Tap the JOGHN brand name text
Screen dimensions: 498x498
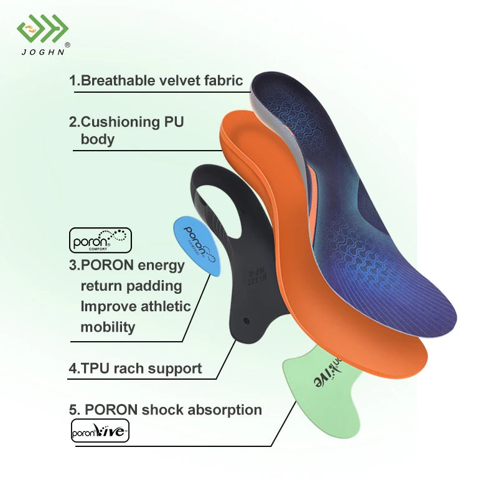tap(42, 52)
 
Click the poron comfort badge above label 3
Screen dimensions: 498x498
tap(100, 240)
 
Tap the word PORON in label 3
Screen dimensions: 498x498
tap(110, 265)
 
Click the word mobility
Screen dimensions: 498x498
tap(108, 327)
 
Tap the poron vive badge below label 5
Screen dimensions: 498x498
tap(100, 431)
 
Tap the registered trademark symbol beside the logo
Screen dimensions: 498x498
tap(68, 44)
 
